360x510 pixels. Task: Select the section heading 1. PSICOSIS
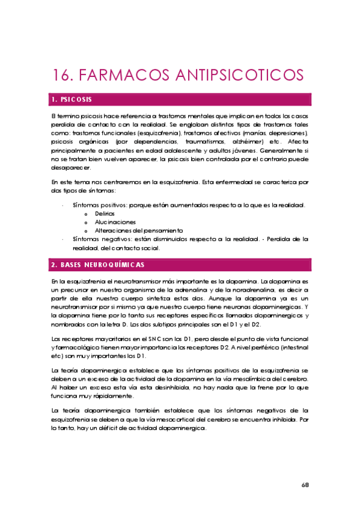coord(72,99)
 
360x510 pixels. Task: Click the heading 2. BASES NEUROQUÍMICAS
coord(98,265)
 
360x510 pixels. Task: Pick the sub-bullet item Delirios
coord(104,214)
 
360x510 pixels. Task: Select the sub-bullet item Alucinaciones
coord(111,222)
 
